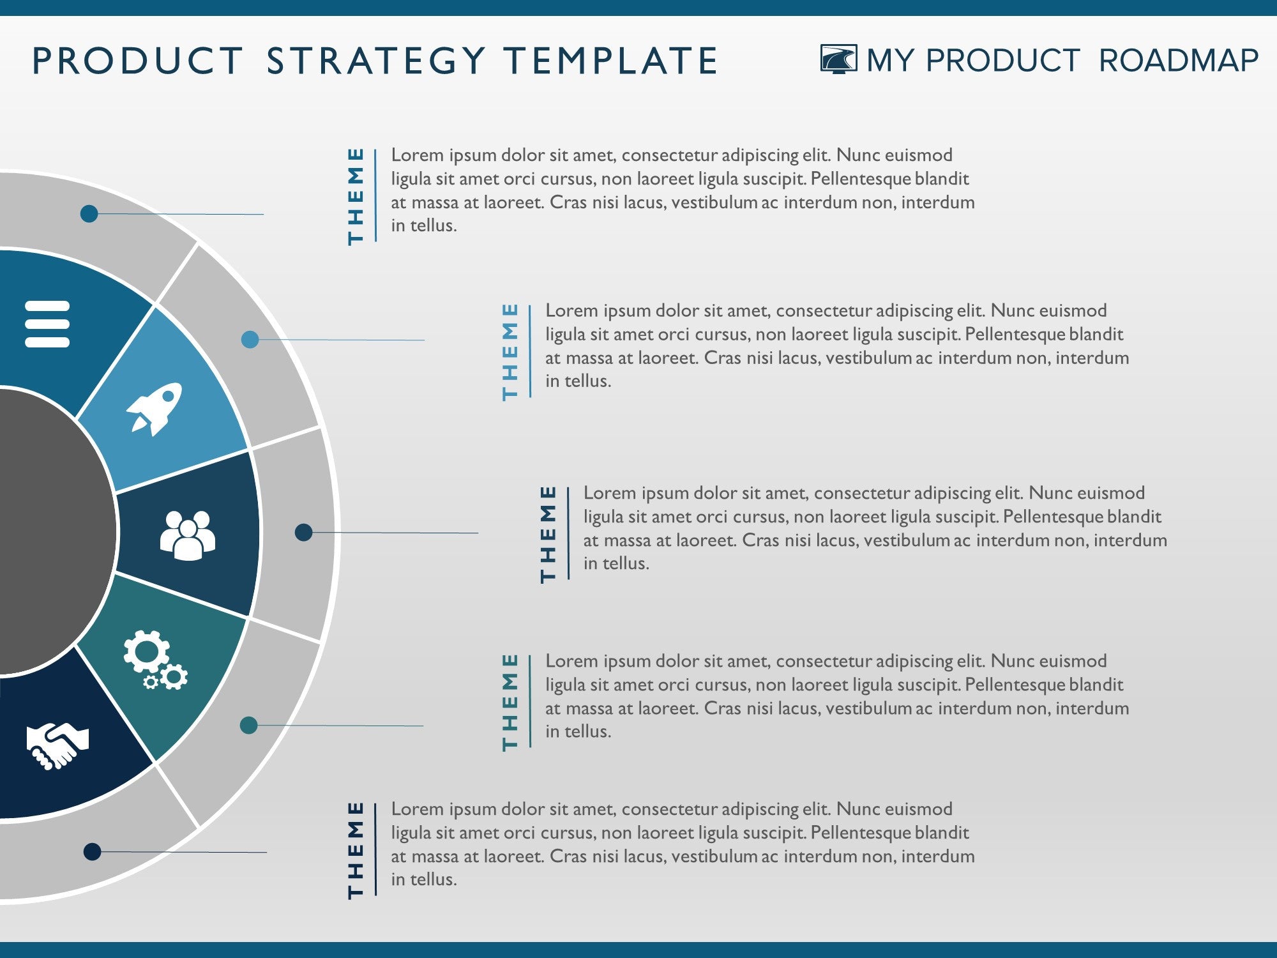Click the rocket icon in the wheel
click(x=155, y=409)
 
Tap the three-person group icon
click(x=187, y=535)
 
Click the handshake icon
click(x=57, y=745)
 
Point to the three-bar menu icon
click(x=47, y=324)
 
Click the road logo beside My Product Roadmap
click(x=838, y=59)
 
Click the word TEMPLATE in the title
click(x=610, y=61)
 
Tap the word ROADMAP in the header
click(x=1178, y=61)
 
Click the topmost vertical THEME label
click(x=356, y=196)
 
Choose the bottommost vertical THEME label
click(x=356, y=850)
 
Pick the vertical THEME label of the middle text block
click(x=548, y=534)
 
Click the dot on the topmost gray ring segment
click(x=89, y=213)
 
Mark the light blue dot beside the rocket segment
click(x=250, y=339)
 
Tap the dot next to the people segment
click(x=304, y=532)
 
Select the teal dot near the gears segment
click(x=248, y=725)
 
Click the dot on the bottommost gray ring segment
click(x=93, y=851)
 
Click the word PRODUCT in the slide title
click(x=138, y=61)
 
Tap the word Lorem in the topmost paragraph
click(x=417, y=155)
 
